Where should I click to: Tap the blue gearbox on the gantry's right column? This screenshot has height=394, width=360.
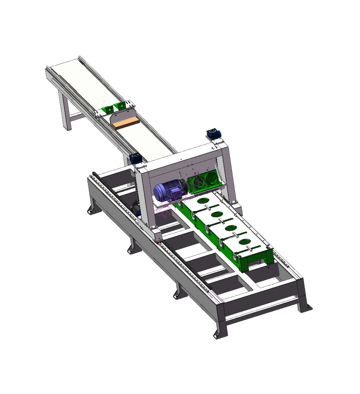pyautogui.click(x=213, y=134)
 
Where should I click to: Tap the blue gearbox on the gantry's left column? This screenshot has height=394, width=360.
pyautogui.click(x=135, y=159)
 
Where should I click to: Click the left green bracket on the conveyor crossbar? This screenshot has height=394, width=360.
pyautogui.click(x=106, y=109)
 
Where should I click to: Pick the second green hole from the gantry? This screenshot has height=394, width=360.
pyautogui.click(x=217, y=215)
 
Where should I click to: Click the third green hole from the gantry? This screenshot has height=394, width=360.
pyautogui.click(x=231, y=229)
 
